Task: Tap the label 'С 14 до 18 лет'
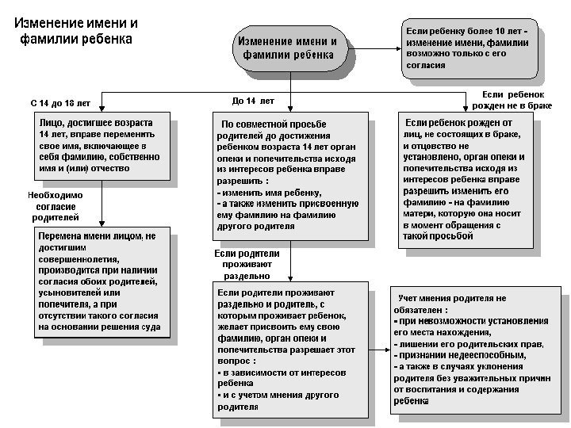point(60,104)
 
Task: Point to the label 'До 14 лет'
point(253,101)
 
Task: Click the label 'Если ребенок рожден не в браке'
point(512,99)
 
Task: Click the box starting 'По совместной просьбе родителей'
point(289,174)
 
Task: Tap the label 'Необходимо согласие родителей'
point(55,205)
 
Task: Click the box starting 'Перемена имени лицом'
point(101,281)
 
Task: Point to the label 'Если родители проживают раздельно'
point(247,264)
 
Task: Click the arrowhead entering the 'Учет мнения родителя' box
point(385,332)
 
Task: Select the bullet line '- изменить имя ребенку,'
point(269,193)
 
